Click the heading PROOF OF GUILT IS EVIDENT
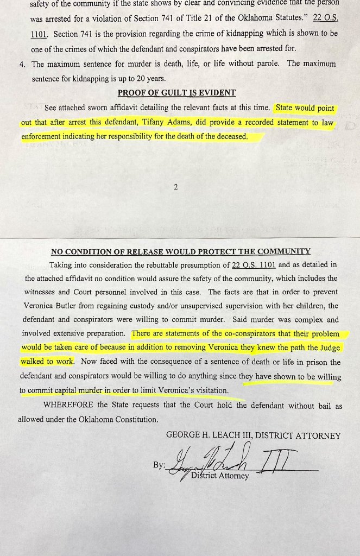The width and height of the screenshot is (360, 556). click(x=176, y=93)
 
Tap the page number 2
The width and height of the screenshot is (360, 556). click(x=176, y=187)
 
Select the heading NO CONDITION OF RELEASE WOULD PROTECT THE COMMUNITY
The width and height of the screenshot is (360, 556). click(x=181, y=251)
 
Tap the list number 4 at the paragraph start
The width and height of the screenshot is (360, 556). click(x=22, y=64)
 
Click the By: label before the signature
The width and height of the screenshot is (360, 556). click(x=159, y=465)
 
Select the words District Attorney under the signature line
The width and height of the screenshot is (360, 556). click(x=220, y=476)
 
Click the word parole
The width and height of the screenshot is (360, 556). click(x=264, y=64)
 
